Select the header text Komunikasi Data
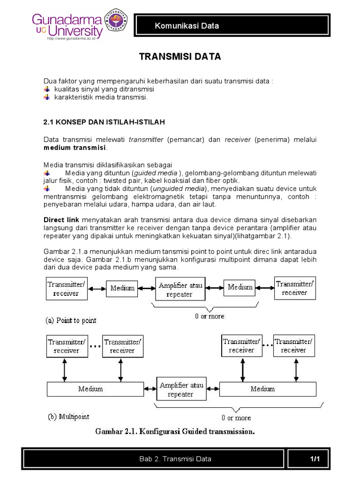187,26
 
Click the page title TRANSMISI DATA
180,57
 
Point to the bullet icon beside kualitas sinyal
46,89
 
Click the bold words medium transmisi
75,148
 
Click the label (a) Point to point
71,321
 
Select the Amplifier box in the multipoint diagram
181,390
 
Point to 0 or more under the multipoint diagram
236,418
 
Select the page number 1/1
314,458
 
